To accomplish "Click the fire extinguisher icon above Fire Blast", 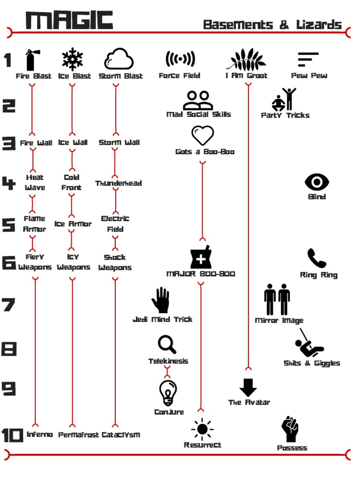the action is pyautogui.click(x=33, y=60).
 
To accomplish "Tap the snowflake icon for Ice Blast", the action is pyautogui.click(x=72, y=59).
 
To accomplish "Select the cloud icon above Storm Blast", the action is pyautogui.click(x=119, y=59).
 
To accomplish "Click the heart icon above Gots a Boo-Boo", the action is pyautogui.click(x=202, y=135).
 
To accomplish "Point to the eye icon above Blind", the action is pyautogui.click(x=317, y=182).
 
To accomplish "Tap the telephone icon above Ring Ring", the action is pyautogui.click(x=316, y=258).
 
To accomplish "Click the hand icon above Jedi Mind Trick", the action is pyautogui.click(x=161, y=300).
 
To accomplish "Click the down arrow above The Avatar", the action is pyautogui.click(x=248, y=388).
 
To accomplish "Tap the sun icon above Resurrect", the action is pyautogui.click(x=202, y=429).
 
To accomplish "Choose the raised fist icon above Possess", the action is pyautogui.click(x=290, y=429).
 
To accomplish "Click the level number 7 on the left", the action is pyautogui.click(x=8, y=305).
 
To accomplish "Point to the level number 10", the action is pyautogui.click(x=12, y=435).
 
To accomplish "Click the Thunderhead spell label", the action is pyautogui.click(x=119, y=183).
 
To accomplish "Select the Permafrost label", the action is pyautogui.click(x=79, y=435).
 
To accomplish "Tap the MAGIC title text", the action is pyautogui.click(x=69, y=20).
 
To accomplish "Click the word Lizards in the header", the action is pyautogui.click(x=319, y=24).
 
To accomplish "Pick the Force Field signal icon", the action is pyautogui.click(x=180, y=59).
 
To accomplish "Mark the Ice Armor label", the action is pyautogui.click(x=73, y=224).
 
